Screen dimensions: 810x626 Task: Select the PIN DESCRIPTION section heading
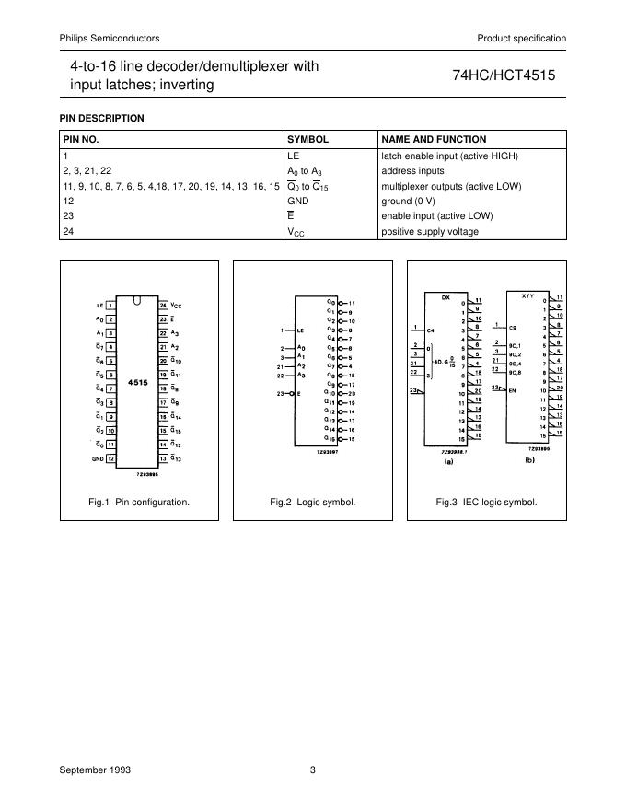(x=101, y=118)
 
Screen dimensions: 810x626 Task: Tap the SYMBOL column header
(x=308, y=139)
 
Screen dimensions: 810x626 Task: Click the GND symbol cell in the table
(x=298, y=201)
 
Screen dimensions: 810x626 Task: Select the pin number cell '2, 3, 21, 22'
(x=87, y=170)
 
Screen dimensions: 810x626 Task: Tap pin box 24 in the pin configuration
(x=164, y=305)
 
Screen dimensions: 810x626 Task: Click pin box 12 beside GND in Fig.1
(x=110, y=457)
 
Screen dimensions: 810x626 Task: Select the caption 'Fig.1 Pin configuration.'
(x=139, y=502)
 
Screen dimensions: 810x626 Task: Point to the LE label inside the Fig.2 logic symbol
(x=300, y=329)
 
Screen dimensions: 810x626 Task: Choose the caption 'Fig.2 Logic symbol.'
(x=313, y=502)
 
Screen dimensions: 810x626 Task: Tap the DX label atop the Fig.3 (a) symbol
(x=446, y=298)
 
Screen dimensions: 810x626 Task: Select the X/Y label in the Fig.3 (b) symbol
(x=527, y=296)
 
